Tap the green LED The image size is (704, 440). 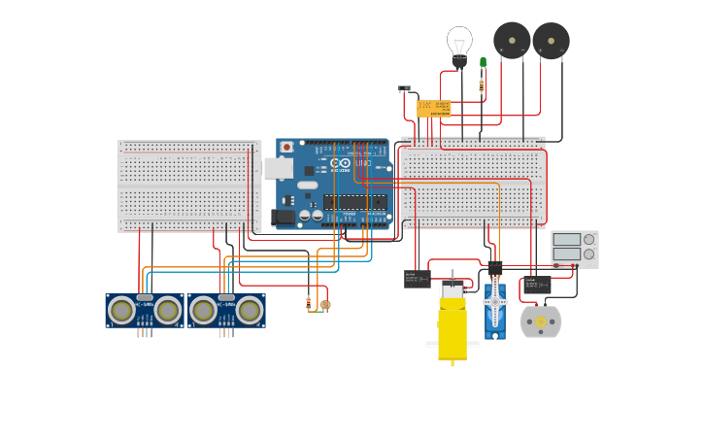coord(483,63)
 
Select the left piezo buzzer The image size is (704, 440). coord(512,41)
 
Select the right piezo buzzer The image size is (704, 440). coord(551,41)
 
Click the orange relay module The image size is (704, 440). coord(434,108)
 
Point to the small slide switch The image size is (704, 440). coord(404,88)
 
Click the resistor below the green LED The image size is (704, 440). coord(482,85)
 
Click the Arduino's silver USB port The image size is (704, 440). coord(278,168)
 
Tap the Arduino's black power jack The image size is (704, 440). coord(283,217)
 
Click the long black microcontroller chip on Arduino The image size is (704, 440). coord(355,202)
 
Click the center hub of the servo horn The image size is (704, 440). coord(495,302)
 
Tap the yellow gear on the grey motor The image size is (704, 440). coord(541,322)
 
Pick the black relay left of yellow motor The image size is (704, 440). coord(417,279)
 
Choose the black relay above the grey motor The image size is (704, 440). coord(537,285)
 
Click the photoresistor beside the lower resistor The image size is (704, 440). coord(325,305)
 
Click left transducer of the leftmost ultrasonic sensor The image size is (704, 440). coord(121,311)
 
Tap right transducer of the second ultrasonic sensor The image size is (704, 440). coord(250,311)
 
